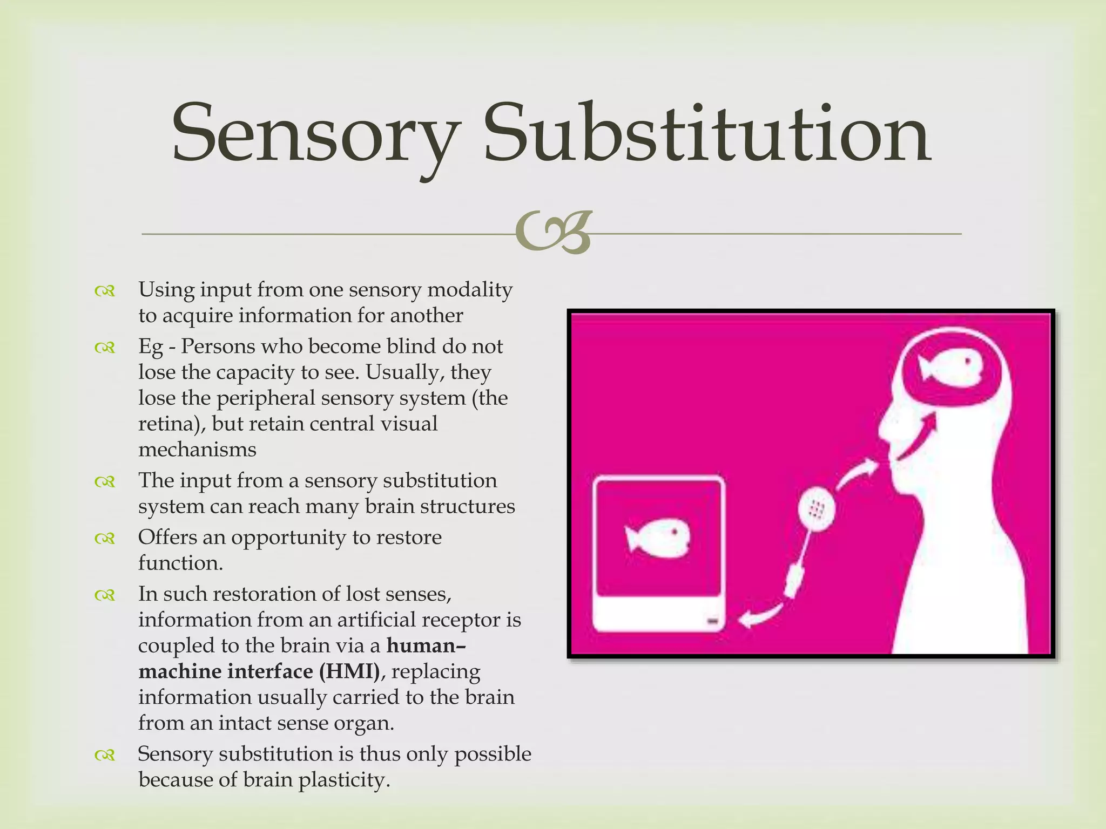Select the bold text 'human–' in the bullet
[x=426, y=645]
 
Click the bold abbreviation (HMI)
[x=349, y=671]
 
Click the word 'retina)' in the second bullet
[x=172, y=424]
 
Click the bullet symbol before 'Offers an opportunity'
[x=105, y=538]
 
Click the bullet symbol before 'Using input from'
[x=105, y=291]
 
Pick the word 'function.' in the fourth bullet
[x=180, y=563]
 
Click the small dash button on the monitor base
[x=712, y=622]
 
